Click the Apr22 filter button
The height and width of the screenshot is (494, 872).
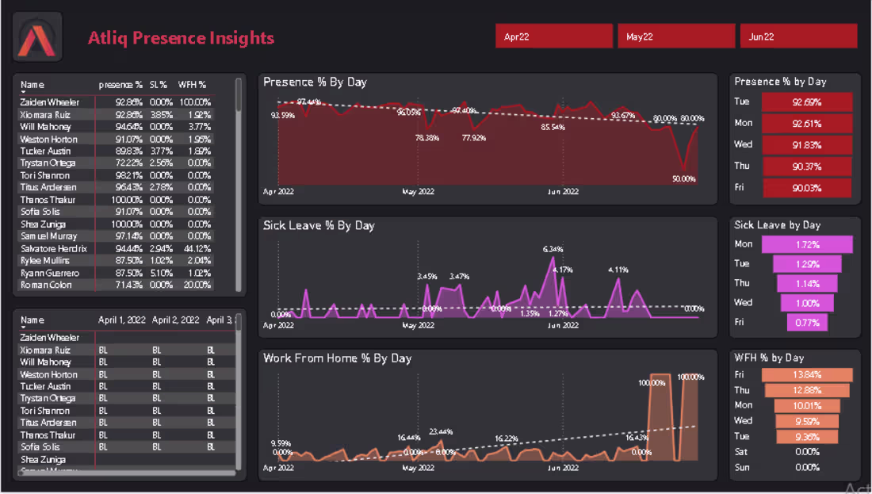[x=554, y=36]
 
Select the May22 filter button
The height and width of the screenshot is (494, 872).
[x=676, y=36]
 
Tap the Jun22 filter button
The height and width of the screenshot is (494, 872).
[x=798, y=36]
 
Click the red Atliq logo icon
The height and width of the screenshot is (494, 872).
[x=37, y=37]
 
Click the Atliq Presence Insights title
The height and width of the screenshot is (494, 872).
[x=181, y=37]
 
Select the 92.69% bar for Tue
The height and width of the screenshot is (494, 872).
[x=806, y=102]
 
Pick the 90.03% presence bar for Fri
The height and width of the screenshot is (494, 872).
[x=806, y=188]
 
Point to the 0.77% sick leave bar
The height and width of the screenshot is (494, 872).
[x=807, y=322]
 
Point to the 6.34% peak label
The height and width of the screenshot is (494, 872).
[x=553, y=249]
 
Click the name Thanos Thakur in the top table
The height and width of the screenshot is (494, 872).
[x=48, y=200]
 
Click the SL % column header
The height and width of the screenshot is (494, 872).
[x=159, y=85]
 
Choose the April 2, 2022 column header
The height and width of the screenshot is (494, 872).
[x=175, y=320]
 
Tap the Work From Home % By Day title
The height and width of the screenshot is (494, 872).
[x=337, y=358]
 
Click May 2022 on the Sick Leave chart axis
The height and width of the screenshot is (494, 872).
[x=418, y=325]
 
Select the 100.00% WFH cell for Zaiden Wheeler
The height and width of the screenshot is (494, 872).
[x=193, y=102]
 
